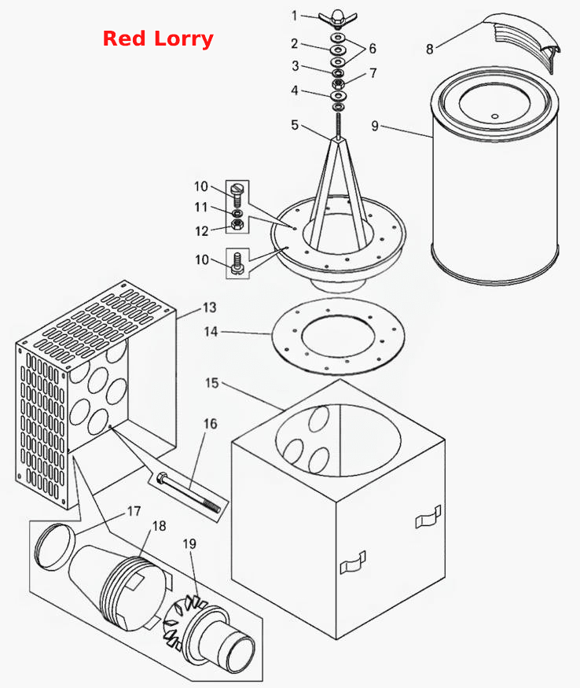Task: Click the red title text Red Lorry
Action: click(158, 39)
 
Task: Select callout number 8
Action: click(430, 49)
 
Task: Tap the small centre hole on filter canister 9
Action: click(495, 116)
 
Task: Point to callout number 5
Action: click(295, 125)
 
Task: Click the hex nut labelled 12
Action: click(237, 226)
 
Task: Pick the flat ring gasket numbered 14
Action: click(338, 336)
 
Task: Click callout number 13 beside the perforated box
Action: click(209, 307)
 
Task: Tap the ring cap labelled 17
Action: click(53, 546)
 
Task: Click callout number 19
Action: click(189, 544)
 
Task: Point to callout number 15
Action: click(211, 383)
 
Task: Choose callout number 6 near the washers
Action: click(373, 48)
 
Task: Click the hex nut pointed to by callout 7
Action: click(338, 83)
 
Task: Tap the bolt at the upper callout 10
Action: click(237, 194)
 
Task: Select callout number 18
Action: click(160, 526)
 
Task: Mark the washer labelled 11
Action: click(237, 213)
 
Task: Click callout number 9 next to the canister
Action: click(375, 126)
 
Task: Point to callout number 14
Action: click(211, 332)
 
